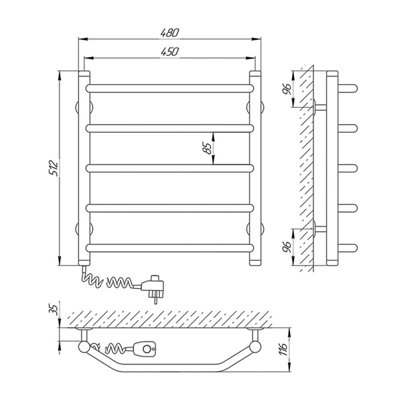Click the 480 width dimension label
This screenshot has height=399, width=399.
tap(170, 33)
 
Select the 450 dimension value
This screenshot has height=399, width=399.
tap(170, 51)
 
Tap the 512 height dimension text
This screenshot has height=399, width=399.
tap(54, 168)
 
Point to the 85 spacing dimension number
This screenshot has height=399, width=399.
tap(207, 148)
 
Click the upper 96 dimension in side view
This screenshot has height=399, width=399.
tap(287, 89)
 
